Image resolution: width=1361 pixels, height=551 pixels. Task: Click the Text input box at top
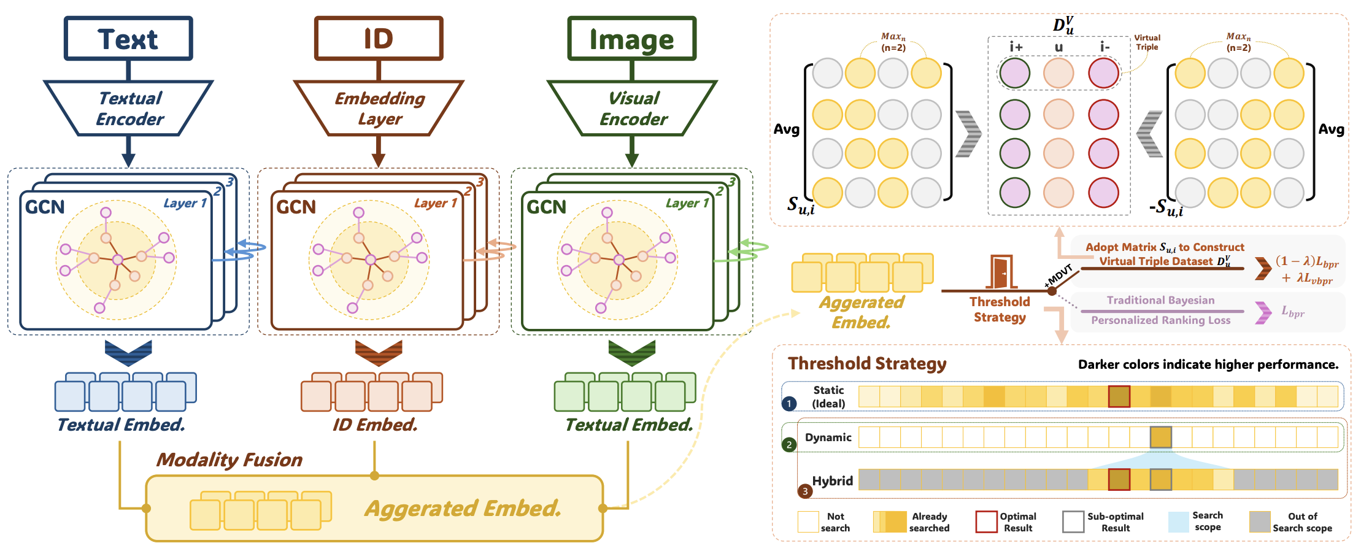click(x=128, y=39)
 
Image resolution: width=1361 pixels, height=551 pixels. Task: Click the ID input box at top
click(x=379, y=39)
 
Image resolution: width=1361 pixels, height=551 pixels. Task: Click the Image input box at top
click(x=632, y=39)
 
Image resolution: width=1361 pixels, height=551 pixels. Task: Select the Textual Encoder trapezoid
click(x=129, y=108)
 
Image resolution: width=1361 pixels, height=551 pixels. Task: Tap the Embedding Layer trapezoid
click(x=379, y=108)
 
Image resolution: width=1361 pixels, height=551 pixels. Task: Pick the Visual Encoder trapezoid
click(x=632, y=108)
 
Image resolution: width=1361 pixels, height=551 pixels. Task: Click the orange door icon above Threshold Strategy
click(x=1000, y=272)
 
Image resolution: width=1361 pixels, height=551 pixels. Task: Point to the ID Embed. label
click(x=375, y=425)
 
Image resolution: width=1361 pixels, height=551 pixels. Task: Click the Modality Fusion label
click(x=229, y=460)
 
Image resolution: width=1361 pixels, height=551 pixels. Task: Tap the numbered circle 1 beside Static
click(x=789, y=403)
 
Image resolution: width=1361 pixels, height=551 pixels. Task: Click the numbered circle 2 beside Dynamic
click(x=789, y=444)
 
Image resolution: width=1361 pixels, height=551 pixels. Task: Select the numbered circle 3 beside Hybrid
click(x=804, y=491)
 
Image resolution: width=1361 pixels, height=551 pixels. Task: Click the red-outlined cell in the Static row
click(x=1119, y=396)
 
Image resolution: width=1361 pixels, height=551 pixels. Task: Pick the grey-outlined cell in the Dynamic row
click(x=1160, y=437)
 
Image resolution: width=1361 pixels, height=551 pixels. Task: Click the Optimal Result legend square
click(x=986, y=522)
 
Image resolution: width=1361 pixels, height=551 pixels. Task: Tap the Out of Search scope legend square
click(x=1260, y=522)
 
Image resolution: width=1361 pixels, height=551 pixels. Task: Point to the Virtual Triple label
click(x=1147, y=42)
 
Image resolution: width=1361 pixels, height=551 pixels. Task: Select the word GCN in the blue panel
click(x=45, y=207)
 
